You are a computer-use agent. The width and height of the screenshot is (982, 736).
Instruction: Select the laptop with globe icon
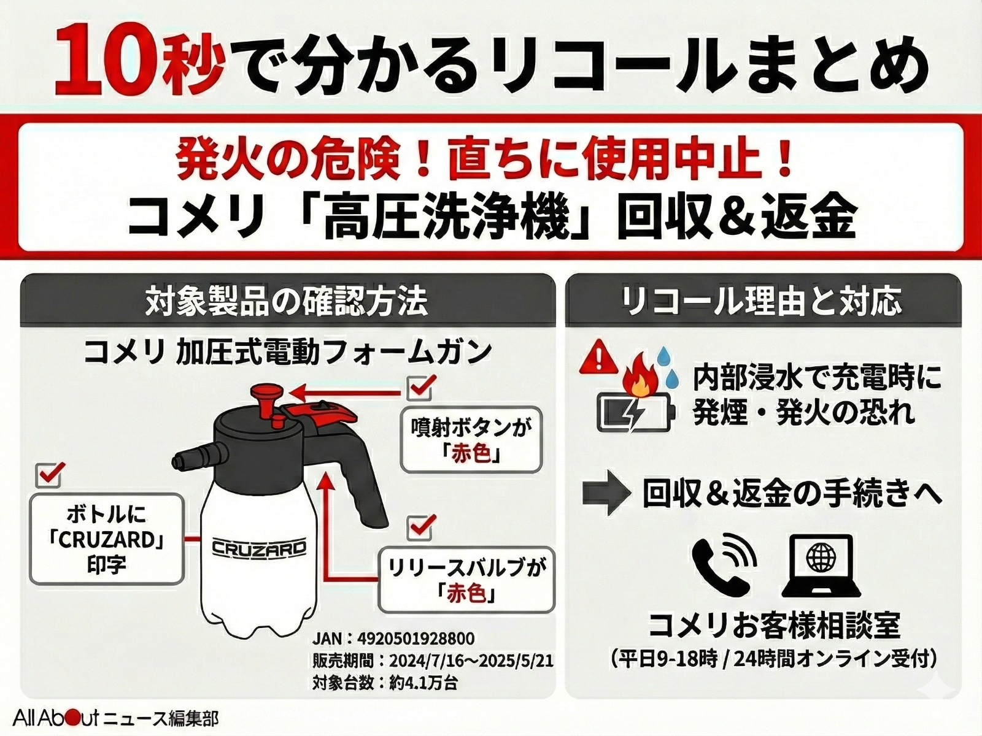(821, 565)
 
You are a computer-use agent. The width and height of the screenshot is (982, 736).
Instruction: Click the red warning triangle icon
(598, 358)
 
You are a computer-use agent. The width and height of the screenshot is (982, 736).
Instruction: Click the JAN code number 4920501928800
(415, 638)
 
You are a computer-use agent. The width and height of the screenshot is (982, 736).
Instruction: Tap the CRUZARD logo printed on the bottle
(259, 547)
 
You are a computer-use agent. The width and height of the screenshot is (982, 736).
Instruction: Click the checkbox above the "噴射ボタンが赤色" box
(422, 387)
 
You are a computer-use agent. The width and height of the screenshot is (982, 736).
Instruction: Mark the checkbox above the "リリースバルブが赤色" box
(422, 527)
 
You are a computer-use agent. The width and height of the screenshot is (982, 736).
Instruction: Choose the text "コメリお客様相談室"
(775, 625)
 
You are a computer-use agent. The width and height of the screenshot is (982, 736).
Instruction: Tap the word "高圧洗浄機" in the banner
(455, 219)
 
